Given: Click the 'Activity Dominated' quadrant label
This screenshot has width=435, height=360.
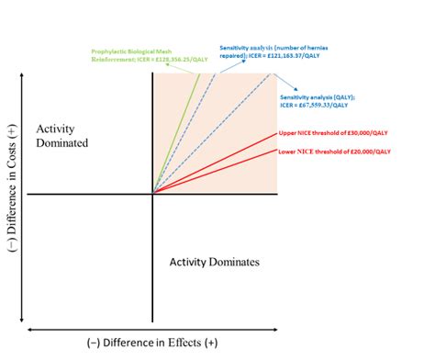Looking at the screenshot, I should point(61,136).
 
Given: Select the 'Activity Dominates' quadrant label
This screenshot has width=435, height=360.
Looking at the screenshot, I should point(214,262).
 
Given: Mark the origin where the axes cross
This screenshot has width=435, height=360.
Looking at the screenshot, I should point(152,195).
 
